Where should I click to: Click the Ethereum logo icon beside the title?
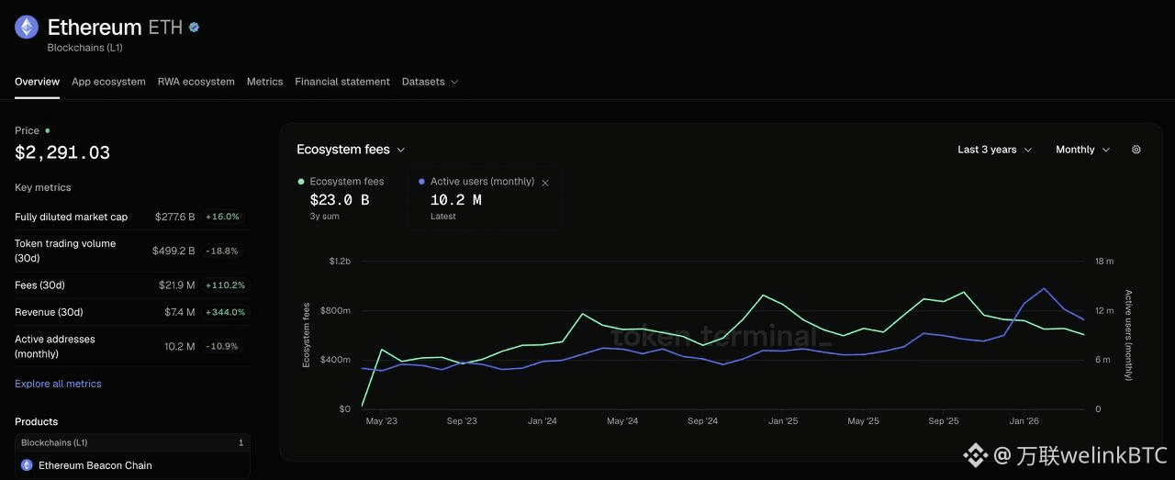pos(27,27)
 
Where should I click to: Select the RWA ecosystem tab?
pos(196,82)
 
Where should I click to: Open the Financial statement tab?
pos(342,82)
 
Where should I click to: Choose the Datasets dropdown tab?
pos(430,82)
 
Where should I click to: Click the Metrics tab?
pos(265,82)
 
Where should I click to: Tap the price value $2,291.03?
pos(62,152)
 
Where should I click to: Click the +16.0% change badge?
pos(222,217)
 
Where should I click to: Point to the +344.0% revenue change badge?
pos(225,312)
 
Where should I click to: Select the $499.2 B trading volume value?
pos(173,251)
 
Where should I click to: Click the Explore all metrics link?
pos(58,384)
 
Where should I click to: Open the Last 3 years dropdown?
pos(994,150)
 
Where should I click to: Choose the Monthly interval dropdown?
pos(1082,150)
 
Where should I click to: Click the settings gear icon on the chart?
pos(1136,150)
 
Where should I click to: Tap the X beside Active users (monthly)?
pos(545,183)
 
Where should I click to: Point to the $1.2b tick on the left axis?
pos(340,262)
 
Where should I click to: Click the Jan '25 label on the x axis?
pos(783,420)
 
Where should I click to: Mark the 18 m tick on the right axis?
pos(1104,262)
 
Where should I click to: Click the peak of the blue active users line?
pos(1045,288)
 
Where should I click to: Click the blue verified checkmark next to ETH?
pos(194,28)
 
